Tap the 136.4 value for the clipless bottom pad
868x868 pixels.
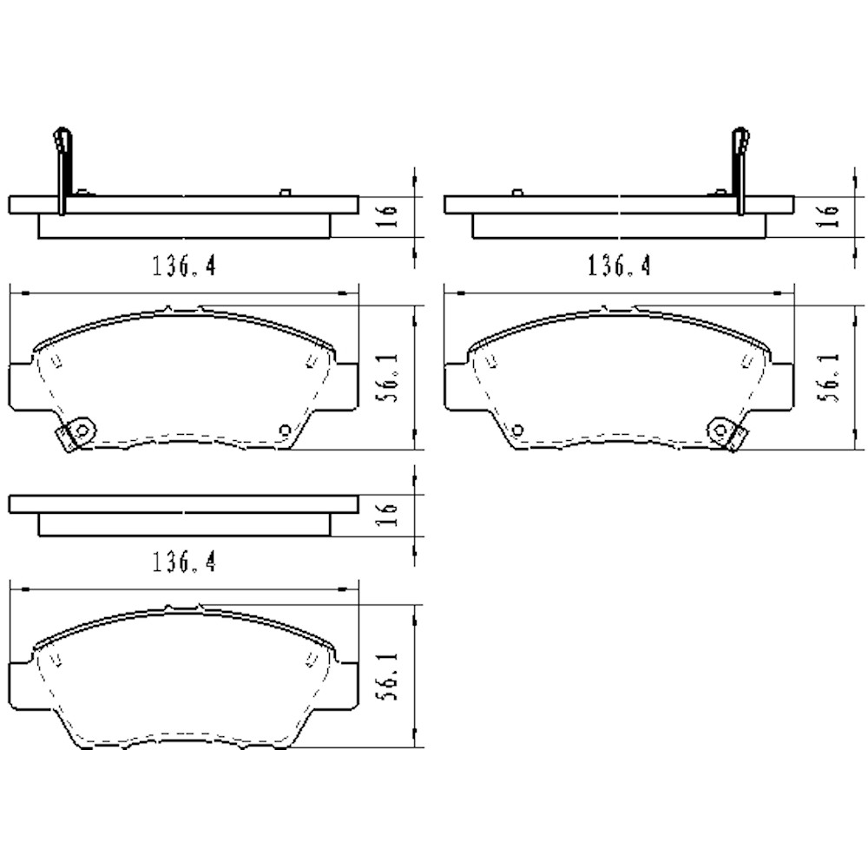[184, 563]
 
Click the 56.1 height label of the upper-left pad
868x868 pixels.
[390, 378]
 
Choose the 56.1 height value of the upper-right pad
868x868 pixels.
[829, 378]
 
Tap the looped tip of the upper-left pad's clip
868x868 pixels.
[60, 137]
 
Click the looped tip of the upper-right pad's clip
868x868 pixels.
[740, 137]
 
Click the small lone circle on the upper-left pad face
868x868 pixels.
[284, 430]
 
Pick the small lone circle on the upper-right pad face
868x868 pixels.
[517, 430]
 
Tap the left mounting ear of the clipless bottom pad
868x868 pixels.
[21, 685]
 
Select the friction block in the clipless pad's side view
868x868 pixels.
[184, 525]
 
